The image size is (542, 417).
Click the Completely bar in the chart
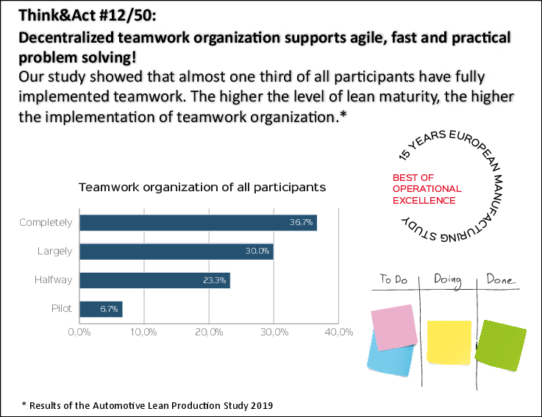[x=197, y=222]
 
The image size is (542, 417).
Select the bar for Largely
[x=176, y=252]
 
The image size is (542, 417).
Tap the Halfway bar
[x=154, y=280]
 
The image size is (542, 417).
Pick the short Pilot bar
[x=100, y=309]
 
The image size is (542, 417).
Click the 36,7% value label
[x=302, y=222]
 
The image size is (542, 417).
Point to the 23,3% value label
[x=215, y=280]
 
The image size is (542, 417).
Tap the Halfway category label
[x=53, y=280]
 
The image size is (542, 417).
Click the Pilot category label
[x=62, y=309]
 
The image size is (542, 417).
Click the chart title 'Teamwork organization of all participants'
[x=202, y=188]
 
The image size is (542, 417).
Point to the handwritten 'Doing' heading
[x=448, y=279]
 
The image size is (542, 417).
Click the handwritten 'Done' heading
[x=501, y=280]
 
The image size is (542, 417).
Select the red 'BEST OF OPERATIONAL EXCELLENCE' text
[x=427, y=189]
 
